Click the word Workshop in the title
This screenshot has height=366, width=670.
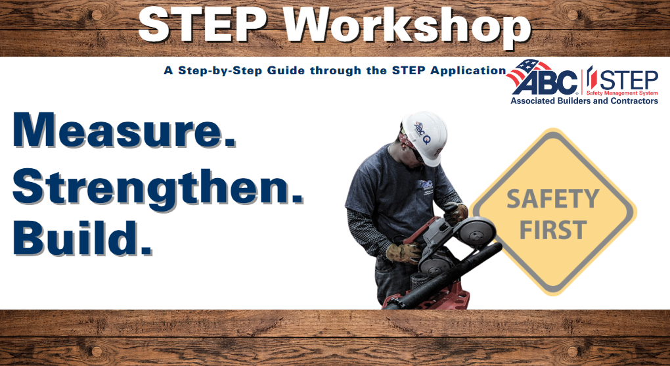coord(409,26)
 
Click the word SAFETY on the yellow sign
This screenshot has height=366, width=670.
coord(552,199)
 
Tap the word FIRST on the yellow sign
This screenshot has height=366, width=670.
coord(553,229)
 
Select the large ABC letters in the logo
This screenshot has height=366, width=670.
coord(545,81)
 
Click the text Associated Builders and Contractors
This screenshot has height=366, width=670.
coord(584,101)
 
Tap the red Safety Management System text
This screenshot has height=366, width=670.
coord(621,93)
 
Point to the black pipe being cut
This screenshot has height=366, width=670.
coord(449,276)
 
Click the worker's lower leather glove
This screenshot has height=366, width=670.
coord(404,252)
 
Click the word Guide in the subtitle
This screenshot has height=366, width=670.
coord(286,70)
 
